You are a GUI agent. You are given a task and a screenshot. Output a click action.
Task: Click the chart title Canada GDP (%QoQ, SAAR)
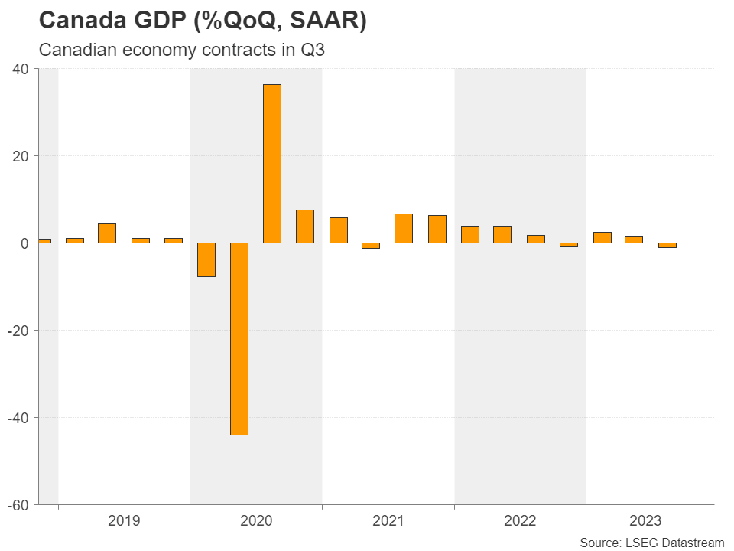203,21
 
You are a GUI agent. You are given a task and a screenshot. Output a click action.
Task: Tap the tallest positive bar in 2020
272,164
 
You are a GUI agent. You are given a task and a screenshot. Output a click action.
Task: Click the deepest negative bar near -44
239,338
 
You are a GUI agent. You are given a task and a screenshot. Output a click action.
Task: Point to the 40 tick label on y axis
21,69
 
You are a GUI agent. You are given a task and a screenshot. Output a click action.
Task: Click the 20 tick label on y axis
21,156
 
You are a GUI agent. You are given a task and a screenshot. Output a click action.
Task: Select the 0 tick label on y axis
24,243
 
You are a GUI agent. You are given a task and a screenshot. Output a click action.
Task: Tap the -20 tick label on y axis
18,331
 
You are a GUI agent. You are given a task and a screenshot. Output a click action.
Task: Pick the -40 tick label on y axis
18,418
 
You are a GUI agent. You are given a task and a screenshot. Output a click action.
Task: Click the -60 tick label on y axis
18,505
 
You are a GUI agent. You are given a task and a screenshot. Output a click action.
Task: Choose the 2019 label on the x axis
124,522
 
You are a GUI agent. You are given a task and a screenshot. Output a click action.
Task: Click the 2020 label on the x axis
256,522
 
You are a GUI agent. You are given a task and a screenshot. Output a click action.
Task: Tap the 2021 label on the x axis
388,522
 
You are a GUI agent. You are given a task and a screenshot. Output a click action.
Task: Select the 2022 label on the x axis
520,522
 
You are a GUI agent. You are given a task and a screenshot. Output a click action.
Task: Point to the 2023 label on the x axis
645,522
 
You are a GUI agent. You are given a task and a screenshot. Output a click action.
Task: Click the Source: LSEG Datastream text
651,543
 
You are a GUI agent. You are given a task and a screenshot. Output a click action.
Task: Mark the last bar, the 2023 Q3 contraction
667,246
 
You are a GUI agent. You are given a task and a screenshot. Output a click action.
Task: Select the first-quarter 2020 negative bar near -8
206,259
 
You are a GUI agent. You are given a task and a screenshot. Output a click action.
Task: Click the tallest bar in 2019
107,233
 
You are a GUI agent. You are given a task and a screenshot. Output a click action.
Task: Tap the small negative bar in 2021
371,246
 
